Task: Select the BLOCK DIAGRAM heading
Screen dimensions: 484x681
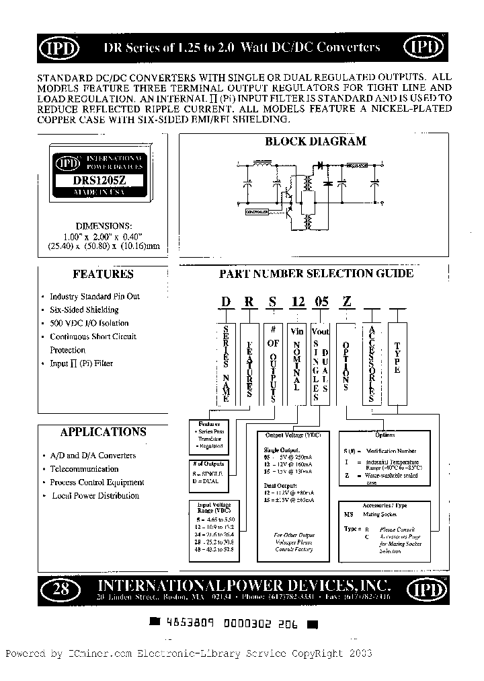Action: (x=316, y=141)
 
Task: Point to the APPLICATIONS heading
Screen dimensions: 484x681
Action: (x=103, y=432)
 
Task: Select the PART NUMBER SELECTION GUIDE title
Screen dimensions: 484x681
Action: (x=317, y=273)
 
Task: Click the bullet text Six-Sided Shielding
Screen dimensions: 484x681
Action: (x=84, y=310)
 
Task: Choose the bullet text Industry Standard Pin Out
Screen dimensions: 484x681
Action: (x=95, y=296)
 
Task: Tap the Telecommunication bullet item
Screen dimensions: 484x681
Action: (x=84, y=469)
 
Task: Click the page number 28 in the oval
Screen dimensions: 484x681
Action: (x=61, y=590)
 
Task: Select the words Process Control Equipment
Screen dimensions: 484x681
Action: (x=97, y=482)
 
